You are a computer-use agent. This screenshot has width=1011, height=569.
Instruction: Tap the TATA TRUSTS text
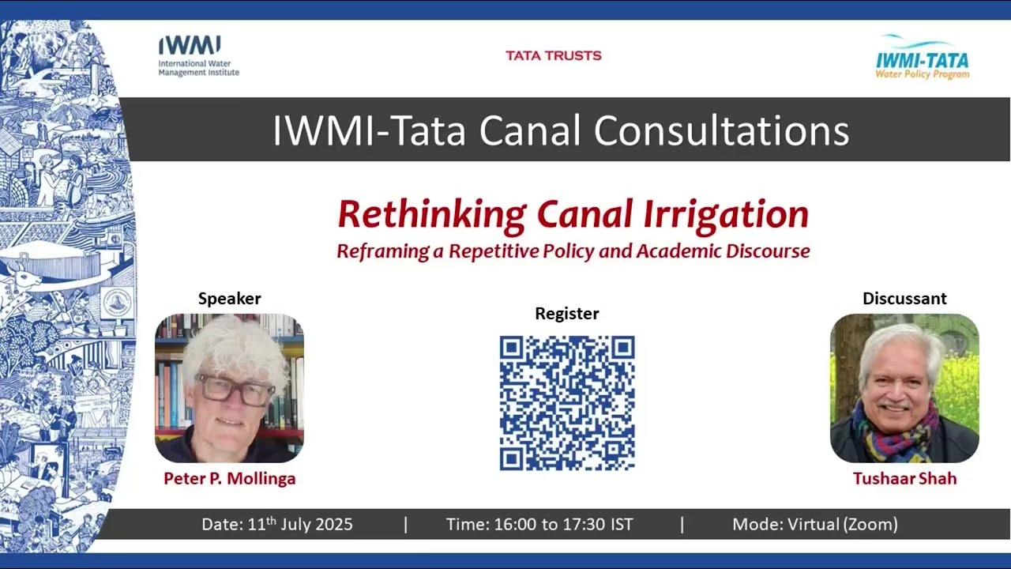(554, 55)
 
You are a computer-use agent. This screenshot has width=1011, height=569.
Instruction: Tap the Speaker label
(229, 299)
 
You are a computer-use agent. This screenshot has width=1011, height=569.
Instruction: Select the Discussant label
(904, 299)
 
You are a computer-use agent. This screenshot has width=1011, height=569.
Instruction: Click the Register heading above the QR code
(567, 314)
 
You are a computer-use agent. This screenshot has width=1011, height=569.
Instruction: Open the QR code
(567, 403)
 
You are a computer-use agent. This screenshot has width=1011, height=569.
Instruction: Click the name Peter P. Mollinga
(229, 479)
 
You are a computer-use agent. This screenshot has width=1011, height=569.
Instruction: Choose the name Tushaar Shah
(904, 479)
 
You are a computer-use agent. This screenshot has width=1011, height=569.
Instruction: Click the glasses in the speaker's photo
(235, 390)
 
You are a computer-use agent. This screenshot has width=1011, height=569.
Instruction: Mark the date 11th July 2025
(277, 524)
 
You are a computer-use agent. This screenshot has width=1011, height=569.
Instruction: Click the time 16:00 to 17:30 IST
(539, 524)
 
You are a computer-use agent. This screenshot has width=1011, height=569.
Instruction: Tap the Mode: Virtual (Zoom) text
(814, 524)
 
